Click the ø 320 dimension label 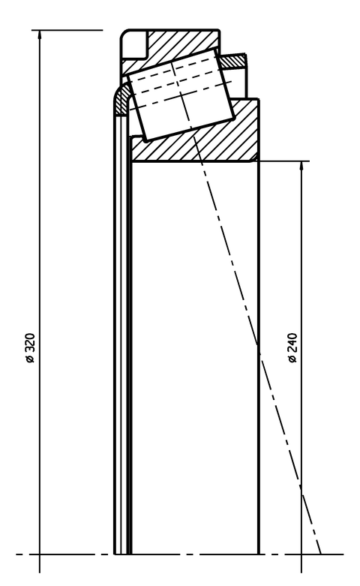click(30, 347)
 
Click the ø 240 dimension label click(292, 347)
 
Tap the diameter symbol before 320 click(31, 359)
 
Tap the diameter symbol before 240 click(293, 359)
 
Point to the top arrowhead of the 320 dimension click(39, 35)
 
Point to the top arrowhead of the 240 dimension click(301, 167)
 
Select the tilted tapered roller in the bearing click(181, 95)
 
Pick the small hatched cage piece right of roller click(233, 62)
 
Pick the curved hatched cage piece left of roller click(122, 100)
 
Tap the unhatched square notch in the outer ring click(133, 44)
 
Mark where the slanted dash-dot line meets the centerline click(320, 554)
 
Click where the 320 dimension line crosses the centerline click(39, 554)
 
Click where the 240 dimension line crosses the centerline click(301, 554)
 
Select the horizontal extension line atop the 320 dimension click(67, 30)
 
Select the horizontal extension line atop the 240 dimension click(283, 161)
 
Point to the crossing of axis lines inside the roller click(181, 95)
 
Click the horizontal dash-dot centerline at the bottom click(179, 554)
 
